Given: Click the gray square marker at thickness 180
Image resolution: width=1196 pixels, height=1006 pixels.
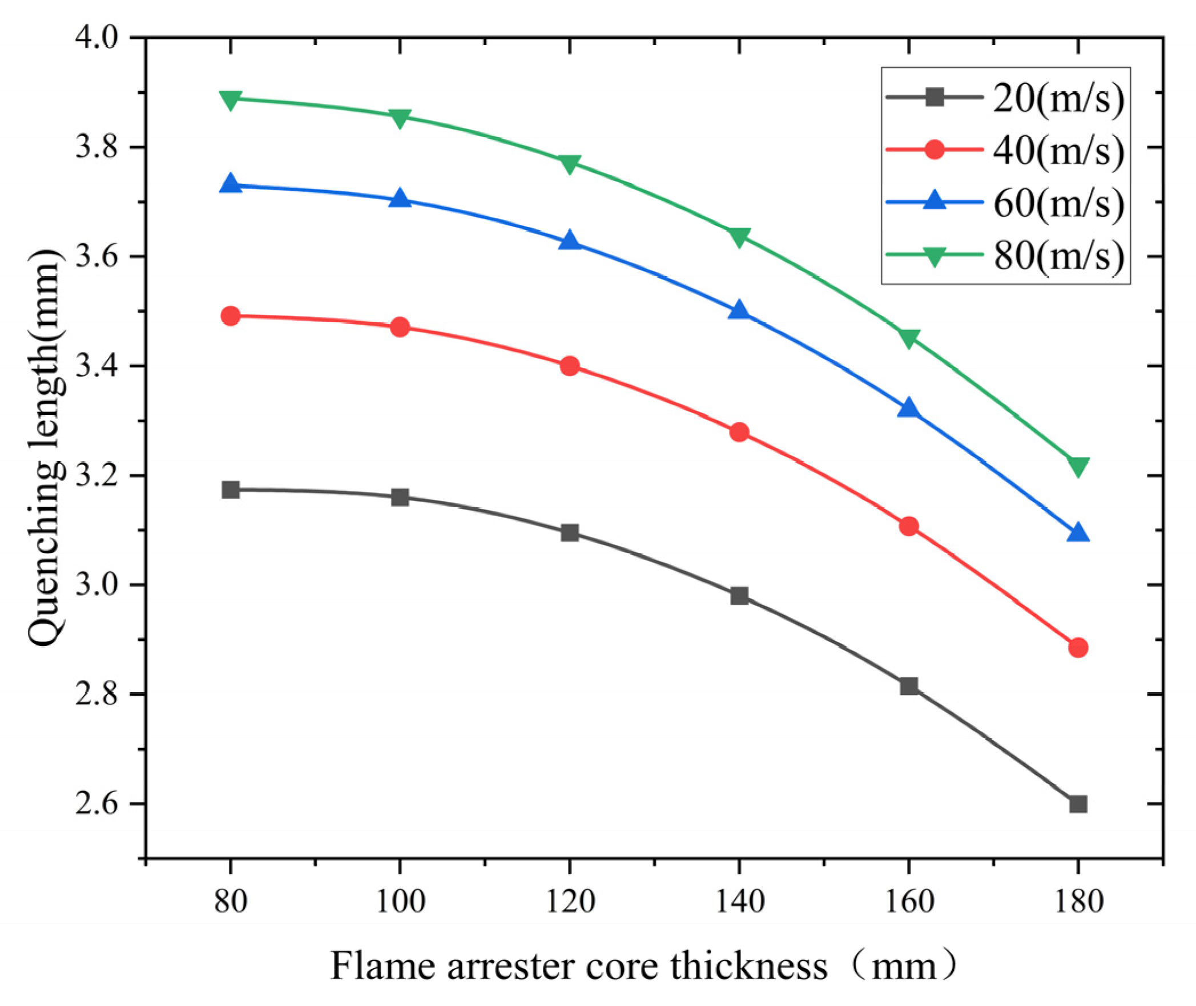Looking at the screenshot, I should (x=1077, y=804).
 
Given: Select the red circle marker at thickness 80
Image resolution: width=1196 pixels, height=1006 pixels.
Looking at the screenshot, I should (x=230, y=316).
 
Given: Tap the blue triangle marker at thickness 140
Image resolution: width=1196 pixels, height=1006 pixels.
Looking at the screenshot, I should (x=739, y=310).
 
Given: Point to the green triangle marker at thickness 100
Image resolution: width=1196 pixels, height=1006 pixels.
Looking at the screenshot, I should (x=400, y=118).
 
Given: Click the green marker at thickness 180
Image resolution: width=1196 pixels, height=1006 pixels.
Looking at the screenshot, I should (x=1077, y=466).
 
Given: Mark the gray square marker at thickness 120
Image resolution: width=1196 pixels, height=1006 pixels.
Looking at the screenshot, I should (x=569, y=533).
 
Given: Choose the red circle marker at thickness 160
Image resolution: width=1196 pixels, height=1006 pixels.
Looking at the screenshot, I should (x=908, y=526).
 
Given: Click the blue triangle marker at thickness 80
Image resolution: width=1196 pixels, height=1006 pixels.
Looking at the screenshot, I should (x=230, y=184).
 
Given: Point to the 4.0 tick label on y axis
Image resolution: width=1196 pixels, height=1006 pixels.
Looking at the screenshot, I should (x=96, y=38).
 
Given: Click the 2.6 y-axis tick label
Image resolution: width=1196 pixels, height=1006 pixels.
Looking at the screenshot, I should (x=96, y=803).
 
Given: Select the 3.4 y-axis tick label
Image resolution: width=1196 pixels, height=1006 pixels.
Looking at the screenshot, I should (x=96, y=366).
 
